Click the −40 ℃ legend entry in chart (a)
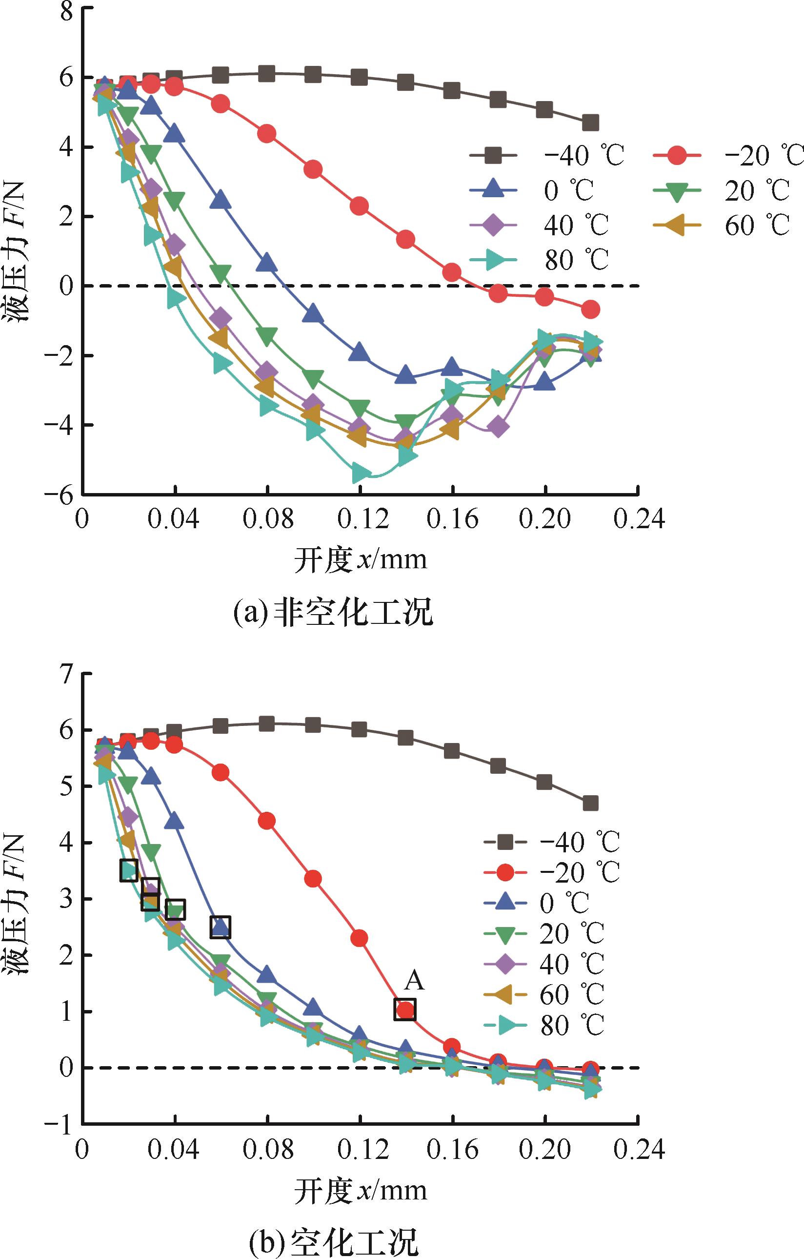point(546,155)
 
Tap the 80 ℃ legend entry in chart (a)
point(546,260)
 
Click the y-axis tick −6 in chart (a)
point(59,495)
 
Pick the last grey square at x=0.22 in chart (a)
point(590,124)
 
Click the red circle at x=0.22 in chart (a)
point(590,310)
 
